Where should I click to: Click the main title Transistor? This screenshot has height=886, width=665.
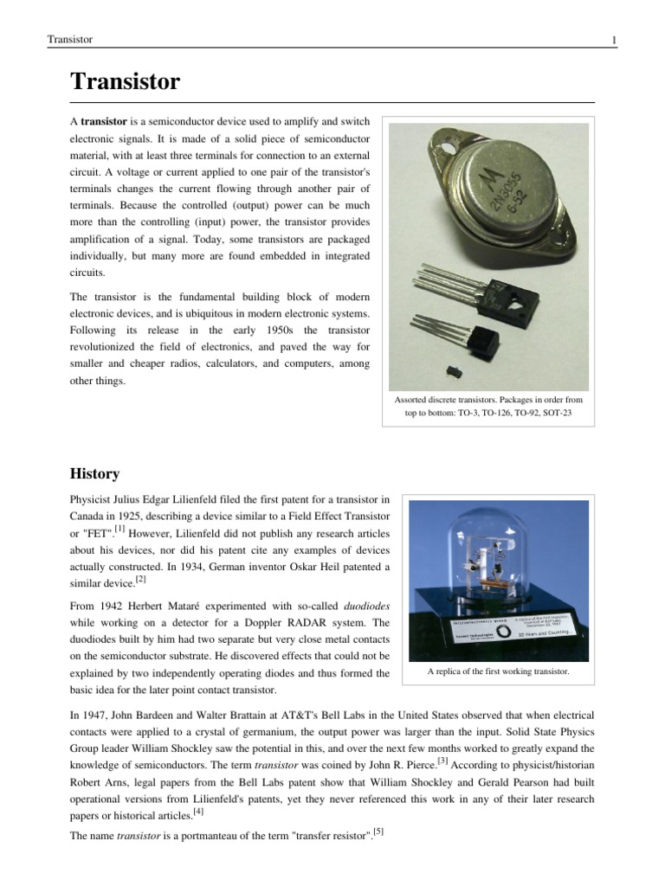pyautogui.click(x=125, y=82)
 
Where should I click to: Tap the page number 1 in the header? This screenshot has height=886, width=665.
pyautogui.click(x=613, y=40)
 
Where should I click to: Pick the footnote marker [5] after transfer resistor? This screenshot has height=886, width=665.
pyautogui.click(x=378, y=833)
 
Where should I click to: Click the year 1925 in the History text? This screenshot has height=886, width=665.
pyautogui.click(x=142, y=516)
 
